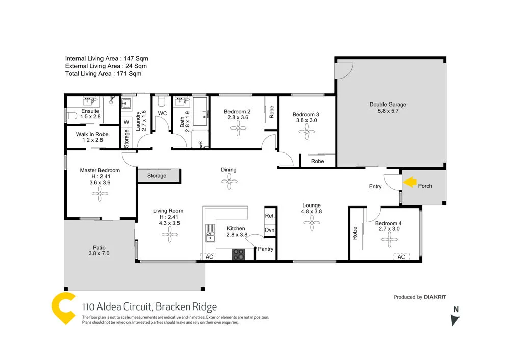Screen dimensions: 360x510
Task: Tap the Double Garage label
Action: tap(388, 105)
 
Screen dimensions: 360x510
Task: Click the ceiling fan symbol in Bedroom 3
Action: tap(308, 134)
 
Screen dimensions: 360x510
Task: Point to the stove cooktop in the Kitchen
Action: tap(238, 254)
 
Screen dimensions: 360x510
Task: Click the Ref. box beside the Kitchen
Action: tap(270, 216)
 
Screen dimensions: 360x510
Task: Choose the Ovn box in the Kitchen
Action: tap(270, 230)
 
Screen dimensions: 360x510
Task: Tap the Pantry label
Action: tap(266, 249)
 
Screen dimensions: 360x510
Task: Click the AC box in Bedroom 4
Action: tap(401, 257)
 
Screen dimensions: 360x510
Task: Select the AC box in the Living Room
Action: tap(209, 257)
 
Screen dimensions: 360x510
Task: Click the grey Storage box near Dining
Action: tap(157, 176)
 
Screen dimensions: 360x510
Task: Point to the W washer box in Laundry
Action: tap(126, 122)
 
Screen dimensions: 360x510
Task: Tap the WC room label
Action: tap(163, 113)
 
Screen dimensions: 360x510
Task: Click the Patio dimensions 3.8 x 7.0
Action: tap(99, 253)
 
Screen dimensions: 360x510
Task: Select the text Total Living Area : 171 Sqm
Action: tap(103, 74)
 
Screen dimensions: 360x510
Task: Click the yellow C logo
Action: tap(64, 308)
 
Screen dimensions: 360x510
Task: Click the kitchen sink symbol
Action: tap(209, 236)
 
